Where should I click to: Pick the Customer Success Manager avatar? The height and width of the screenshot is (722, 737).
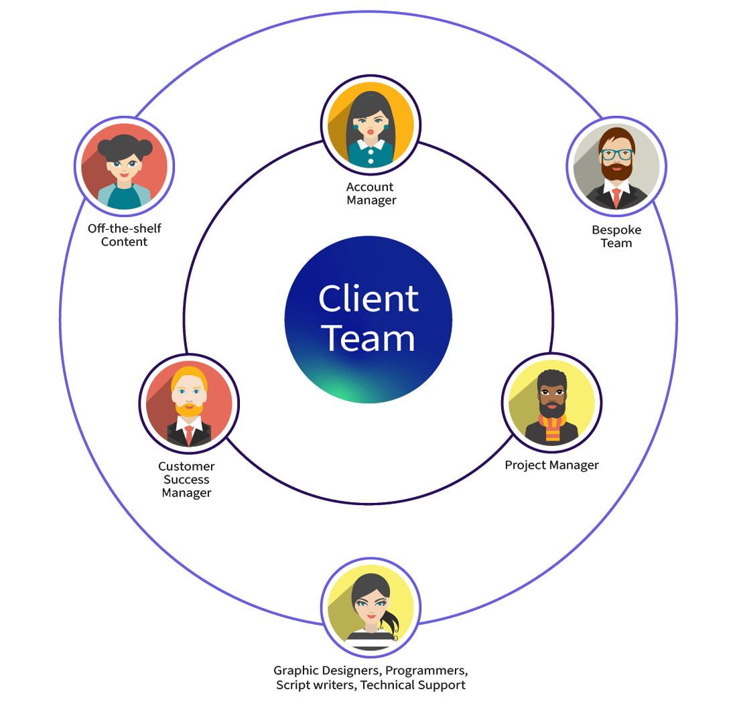[189, 404]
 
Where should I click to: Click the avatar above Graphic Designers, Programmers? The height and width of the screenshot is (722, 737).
[371, 607]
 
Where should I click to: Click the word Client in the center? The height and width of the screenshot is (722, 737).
[368, 299]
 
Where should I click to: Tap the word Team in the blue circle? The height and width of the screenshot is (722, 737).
[368, 339]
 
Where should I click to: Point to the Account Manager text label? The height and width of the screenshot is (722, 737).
[371, 194]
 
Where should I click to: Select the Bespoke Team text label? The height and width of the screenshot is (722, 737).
[616, 236]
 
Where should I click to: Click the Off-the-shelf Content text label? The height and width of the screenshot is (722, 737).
[124, 235]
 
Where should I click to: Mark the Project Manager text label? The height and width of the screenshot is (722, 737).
[551, 465]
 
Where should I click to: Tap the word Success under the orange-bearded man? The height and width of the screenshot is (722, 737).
[186, 480]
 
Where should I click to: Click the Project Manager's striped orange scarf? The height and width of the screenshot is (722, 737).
[552, 429]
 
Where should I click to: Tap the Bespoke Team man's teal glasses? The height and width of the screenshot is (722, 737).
[616, 153]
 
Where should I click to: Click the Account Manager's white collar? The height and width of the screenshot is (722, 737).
[371, 145]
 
